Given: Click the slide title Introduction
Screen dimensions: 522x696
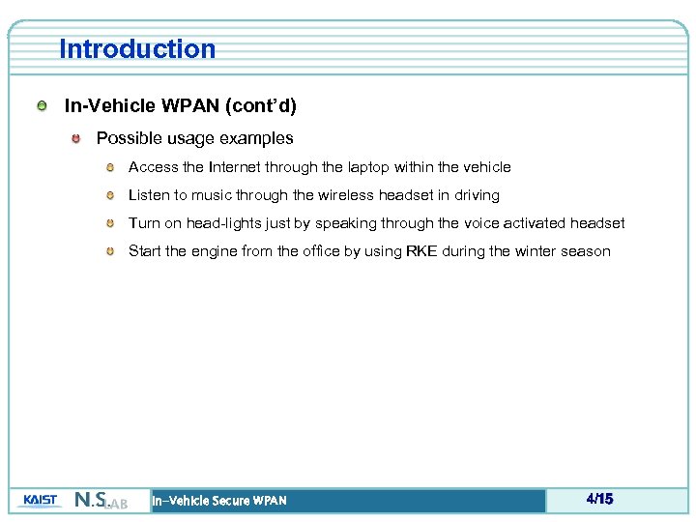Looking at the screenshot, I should pyautogui.click(x=137, y=49).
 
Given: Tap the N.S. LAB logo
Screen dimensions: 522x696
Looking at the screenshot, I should pyautogui.click(x=101, y=501).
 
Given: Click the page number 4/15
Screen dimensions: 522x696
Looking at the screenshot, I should pyautogui.click(x=599, y=500).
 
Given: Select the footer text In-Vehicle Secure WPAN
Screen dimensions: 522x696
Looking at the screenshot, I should pyautogui.click(x=219, y=501).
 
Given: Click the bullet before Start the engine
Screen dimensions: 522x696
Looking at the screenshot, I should pyautogui.click(x=110, y=251).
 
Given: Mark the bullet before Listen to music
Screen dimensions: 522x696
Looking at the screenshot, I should pyautogui.click(x=110, y=195).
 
